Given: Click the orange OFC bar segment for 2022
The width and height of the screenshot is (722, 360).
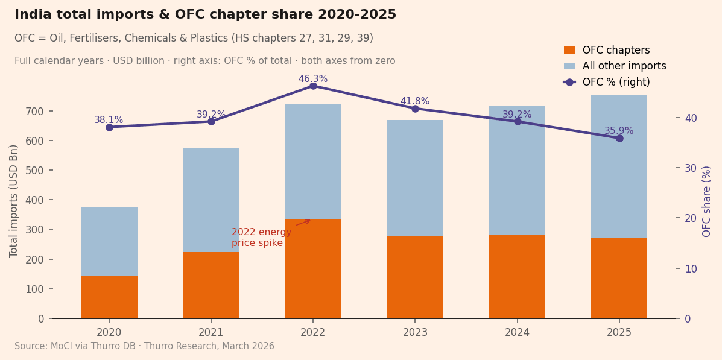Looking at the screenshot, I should (x=313, y=268).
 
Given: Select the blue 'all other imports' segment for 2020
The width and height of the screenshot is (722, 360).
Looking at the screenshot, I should (x=109, y=242).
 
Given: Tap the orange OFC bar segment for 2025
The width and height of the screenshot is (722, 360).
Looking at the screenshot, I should (x=619, y=278).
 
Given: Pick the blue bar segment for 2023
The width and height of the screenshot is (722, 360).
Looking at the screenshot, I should (x=415, y=178).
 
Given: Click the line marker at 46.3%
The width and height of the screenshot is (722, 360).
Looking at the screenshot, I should (x=313, y=86).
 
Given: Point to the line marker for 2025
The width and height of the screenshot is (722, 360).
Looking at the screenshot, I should (x=619, y=138).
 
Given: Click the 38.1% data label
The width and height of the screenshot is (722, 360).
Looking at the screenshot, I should (x=109, y=120).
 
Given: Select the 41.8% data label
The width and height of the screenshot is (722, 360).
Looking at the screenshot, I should (x=415, y=101).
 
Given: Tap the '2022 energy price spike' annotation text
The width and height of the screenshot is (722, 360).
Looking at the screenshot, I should (x=261, y=238).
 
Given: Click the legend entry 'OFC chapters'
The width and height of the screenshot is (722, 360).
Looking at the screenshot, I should (x=616, y=51).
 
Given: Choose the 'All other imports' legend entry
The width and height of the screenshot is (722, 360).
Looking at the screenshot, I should (x=624, y=66).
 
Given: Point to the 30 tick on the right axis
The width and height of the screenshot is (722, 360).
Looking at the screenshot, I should (x=691, y=168).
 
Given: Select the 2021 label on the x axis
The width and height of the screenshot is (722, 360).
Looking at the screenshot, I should (x=211, y=332).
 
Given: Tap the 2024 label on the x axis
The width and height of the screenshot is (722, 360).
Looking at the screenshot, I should (x=517, y=332).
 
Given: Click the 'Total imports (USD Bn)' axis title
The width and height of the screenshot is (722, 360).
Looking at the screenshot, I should (x=14, y=201).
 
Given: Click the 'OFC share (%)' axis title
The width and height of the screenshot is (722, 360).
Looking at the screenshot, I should (x=707, y=201).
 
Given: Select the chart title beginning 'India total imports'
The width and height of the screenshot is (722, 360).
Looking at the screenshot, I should (x=205, y=15).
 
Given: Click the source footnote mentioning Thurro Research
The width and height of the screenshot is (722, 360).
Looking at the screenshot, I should (x=144, y=346).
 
